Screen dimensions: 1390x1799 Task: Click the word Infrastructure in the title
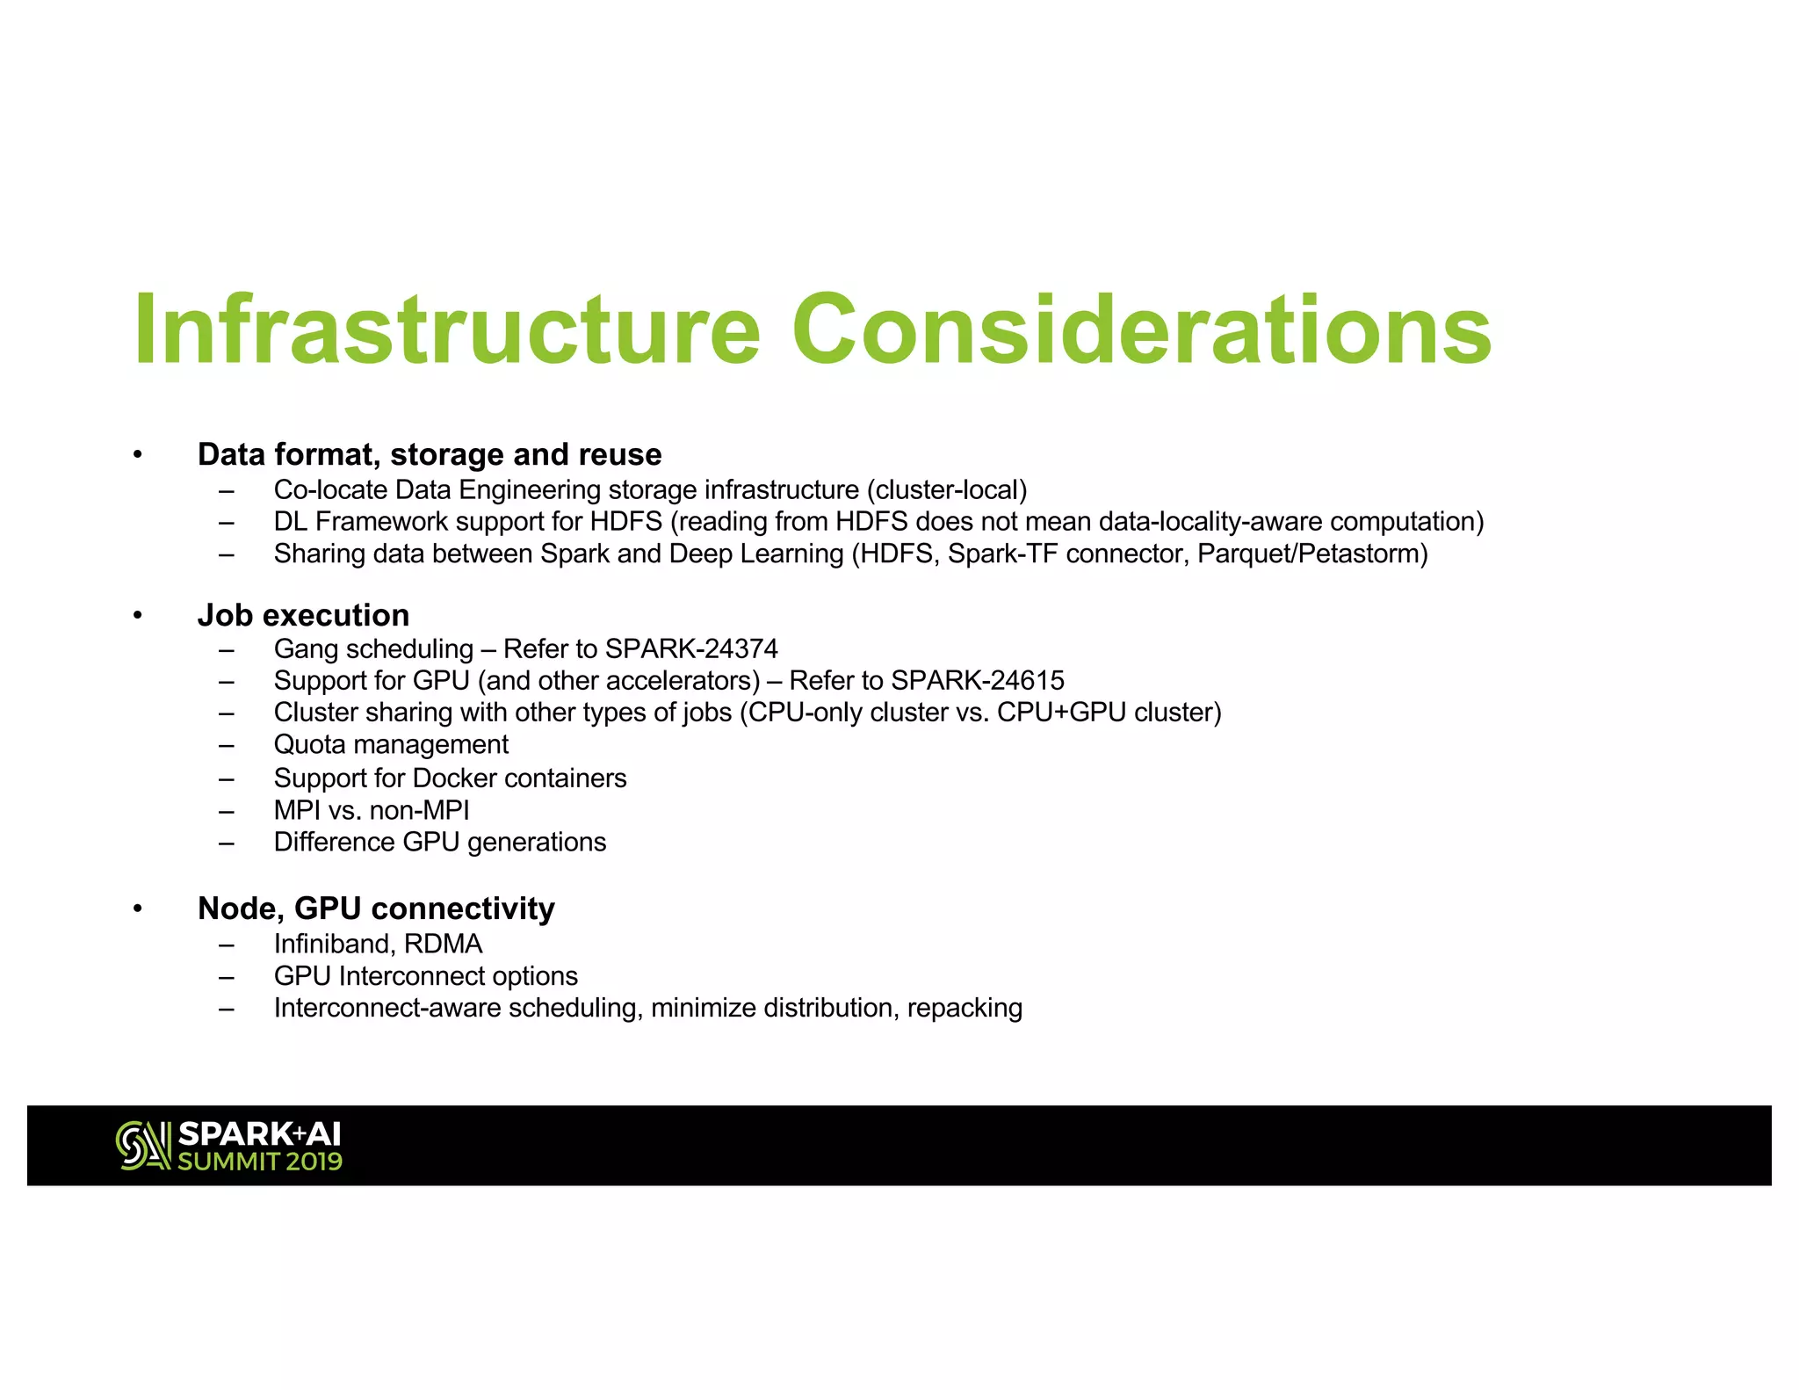coord(446,329)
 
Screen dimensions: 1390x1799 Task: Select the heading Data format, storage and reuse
coord(430,455)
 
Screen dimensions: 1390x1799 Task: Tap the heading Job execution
coord(303,615)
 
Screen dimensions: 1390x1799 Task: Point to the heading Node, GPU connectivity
coord(376,909)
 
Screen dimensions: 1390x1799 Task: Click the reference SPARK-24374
coord(691,649)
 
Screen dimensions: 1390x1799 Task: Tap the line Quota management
coord(391,745)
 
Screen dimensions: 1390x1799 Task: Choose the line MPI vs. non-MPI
coord(372,810)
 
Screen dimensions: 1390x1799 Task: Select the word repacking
coord(965,1008)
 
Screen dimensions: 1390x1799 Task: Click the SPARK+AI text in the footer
coord(259,1134)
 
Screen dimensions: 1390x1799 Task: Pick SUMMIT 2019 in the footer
coord(260,1162)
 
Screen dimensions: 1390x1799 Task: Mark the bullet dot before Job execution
coord(138,615)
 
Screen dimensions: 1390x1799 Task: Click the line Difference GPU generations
coord(439,843)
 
